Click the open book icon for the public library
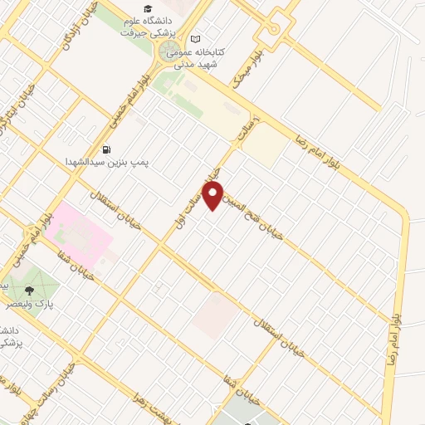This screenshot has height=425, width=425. [196, 38]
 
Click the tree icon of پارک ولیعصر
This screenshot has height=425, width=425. [30, 291]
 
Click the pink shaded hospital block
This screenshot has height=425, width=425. [80, 237]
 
